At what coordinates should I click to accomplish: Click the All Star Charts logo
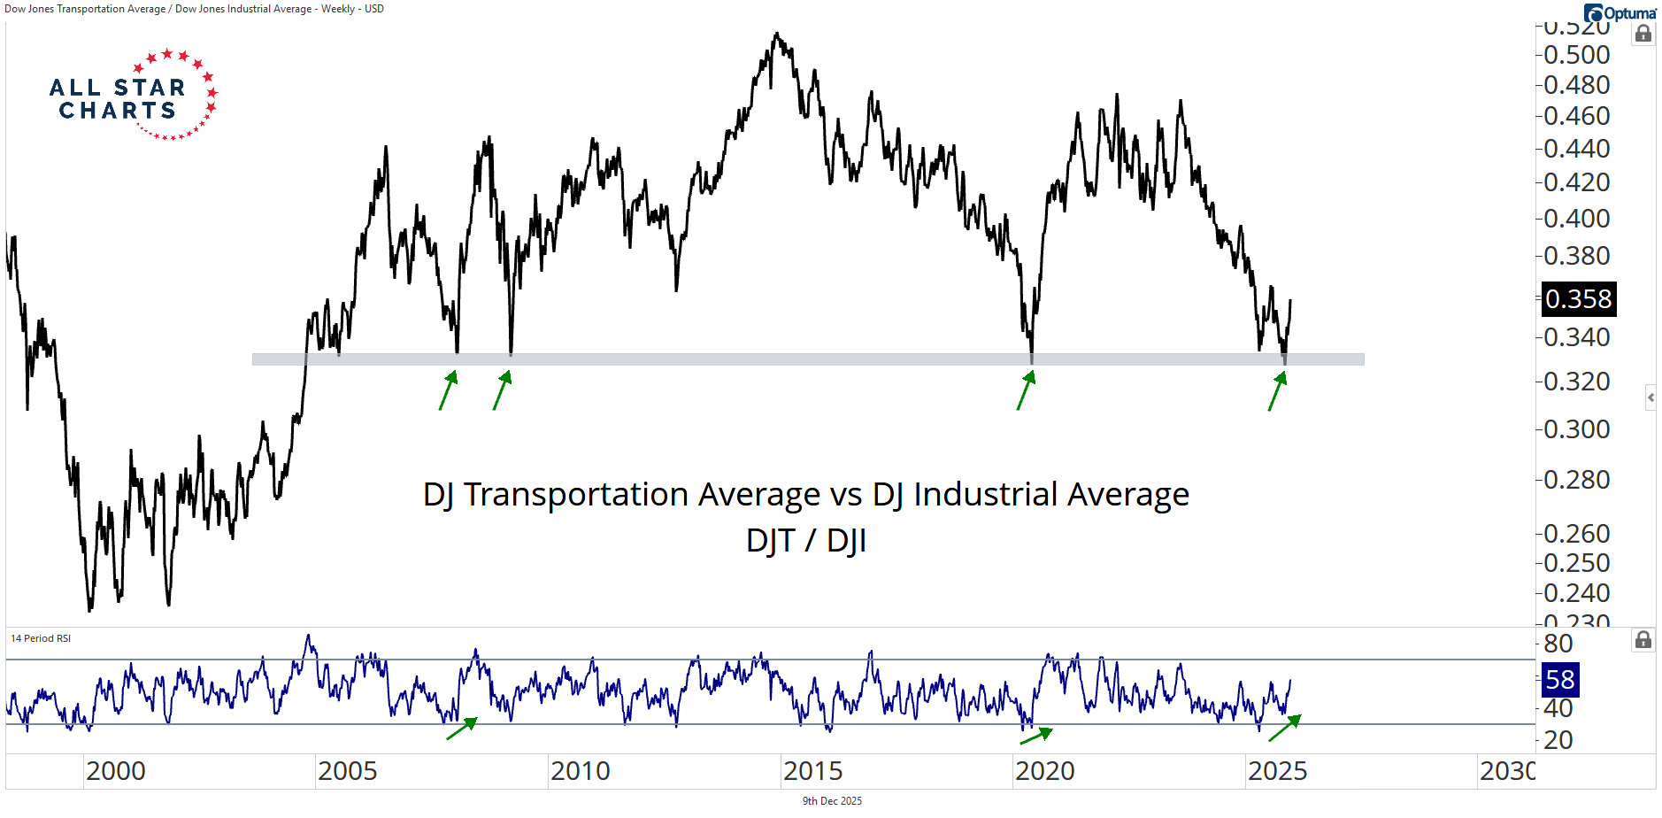pos(133,96)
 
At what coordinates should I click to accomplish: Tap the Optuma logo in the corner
pos(1620,13)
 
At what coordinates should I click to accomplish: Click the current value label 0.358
pos(1578,299)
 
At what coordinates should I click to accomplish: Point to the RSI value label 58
pos(1559,680)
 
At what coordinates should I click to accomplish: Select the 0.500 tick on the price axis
pos(1576,55)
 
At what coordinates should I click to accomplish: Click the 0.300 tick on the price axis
pos(1576,429)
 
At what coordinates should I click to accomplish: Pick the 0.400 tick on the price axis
pos(1576,219)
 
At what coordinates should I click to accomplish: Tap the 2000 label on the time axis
pos(116,771)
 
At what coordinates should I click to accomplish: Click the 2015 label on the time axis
pos(812,771)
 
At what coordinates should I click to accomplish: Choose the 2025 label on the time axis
pos(1277,771)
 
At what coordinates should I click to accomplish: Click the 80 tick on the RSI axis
pos(1558,644)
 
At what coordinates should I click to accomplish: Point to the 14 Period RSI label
pos(41,638)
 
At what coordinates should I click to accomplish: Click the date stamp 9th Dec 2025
pos(832,801)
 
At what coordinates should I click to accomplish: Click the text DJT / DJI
pos(805,540)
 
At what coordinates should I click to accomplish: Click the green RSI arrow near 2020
pos(1036,736)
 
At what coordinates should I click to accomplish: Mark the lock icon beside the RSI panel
pos(1643,639)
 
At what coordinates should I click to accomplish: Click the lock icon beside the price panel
pos(1643,34)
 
